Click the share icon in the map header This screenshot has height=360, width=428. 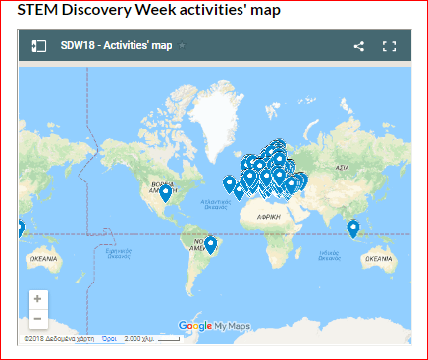click(358, 46)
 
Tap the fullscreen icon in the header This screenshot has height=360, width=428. click(389, 46)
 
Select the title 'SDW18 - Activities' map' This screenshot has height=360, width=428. click(115, 46)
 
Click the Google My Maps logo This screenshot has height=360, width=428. click(214, 325)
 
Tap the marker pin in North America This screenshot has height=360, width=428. click(165, 192)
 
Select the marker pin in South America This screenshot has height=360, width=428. click(209, 244)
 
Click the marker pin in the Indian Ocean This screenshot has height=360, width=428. click(353, 229)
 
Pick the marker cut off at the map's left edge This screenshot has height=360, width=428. click(21, 231)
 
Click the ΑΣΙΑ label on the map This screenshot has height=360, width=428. click(343, 169)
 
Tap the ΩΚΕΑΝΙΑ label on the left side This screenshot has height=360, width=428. click(44, 258)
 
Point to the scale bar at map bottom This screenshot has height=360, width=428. click(167, 339)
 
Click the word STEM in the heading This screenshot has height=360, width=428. click(37, 11)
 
